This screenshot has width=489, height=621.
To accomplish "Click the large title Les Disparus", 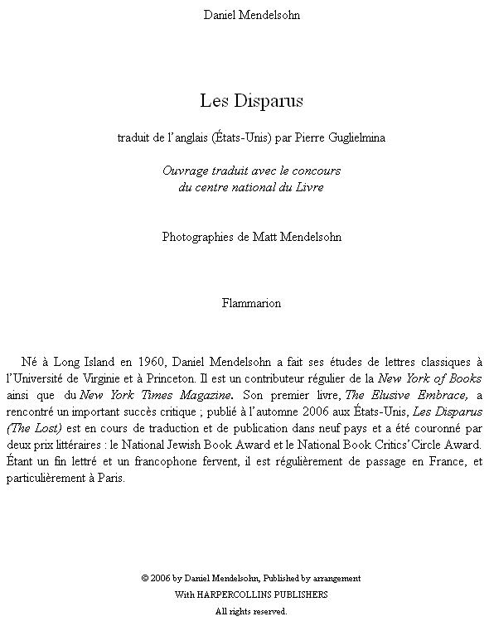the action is tap(251, 101).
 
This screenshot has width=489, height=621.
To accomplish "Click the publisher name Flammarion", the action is tap(251, 303).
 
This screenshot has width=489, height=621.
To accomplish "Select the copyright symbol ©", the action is tap(145, 578).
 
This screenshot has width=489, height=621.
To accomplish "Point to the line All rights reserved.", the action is tap(251, 611).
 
